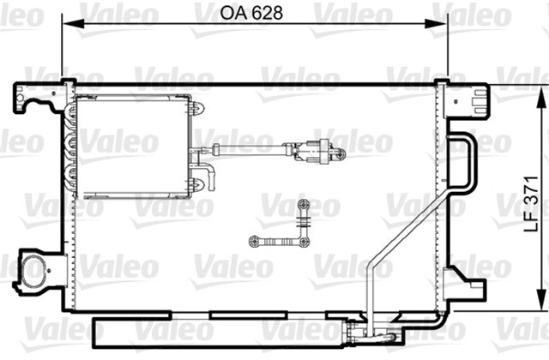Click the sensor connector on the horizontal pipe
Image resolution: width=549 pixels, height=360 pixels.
coord(316,153)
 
